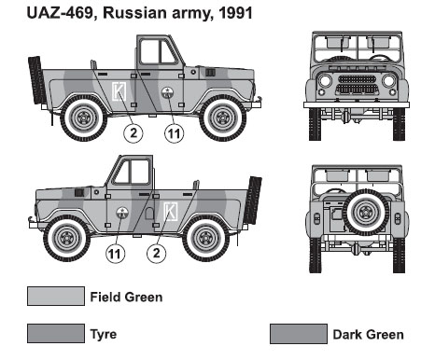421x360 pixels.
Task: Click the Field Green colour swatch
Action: pos(56,296)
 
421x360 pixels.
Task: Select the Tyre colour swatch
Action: pos(56,333)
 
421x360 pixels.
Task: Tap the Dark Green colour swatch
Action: pos(299,334)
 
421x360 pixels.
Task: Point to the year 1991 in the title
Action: pos(235,13)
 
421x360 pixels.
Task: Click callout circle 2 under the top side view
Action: pos(133,133)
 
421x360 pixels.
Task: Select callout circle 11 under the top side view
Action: pos(174,133)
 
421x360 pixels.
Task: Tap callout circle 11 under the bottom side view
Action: pos(116,254)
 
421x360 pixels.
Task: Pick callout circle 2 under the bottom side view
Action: pos(157,254)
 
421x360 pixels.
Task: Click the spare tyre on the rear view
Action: pos(366,213)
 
